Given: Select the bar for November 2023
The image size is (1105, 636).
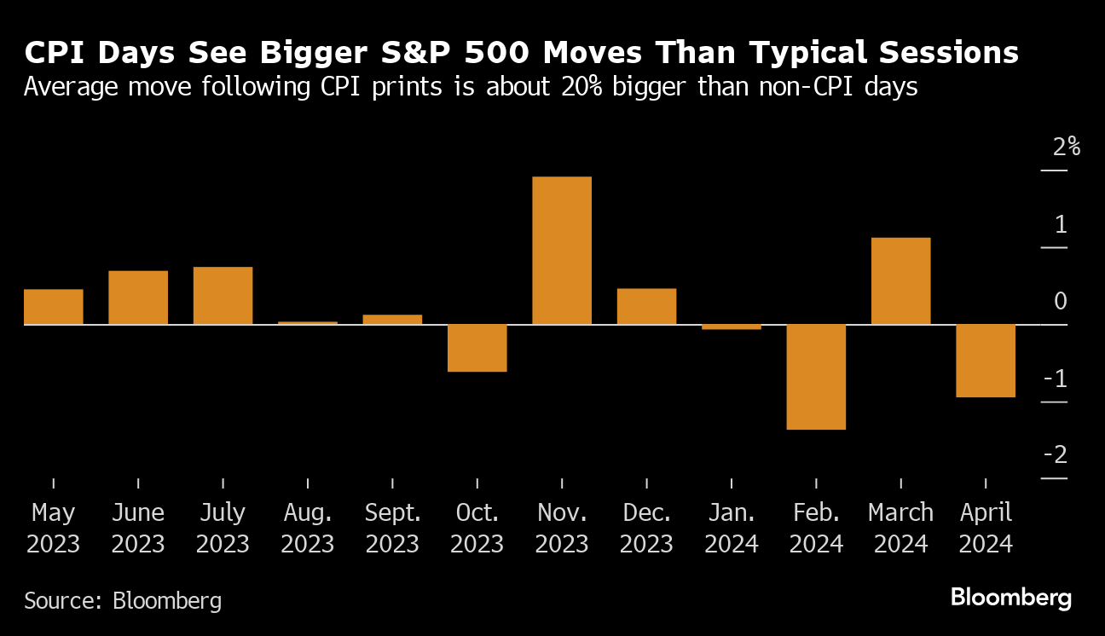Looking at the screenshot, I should [562, 251].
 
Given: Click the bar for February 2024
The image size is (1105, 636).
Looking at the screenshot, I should [816, 376].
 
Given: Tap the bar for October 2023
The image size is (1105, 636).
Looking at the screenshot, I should [477, 348].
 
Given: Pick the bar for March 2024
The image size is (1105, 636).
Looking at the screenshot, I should [900, 281].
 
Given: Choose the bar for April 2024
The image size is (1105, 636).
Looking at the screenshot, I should [986, 361].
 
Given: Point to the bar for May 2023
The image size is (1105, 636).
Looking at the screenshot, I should [53, 307].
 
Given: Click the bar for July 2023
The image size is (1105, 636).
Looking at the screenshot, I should [223, 296].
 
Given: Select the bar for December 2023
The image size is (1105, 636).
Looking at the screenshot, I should [646, 307].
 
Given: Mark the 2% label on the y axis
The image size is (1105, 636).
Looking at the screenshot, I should [1067, 147].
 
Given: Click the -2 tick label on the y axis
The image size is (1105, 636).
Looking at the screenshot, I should [1056, 455].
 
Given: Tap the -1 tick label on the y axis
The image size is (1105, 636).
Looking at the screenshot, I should [1056, 379].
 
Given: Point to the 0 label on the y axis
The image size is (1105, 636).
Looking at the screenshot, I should [1060, 302].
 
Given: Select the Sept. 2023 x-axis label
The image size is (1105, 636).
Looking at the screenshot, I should [392, 529].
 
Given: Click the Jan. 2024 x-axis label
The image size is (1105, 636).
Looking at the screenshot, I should [732, 529].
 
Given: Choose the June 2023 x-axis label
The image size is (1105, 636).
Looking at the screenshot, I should [138, 529].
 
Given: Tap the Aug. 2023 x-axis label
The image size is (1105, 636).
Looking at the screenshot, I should [308, 529].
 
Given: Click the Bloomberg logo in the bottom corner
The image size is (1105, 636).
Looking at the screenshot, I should [1011, 598].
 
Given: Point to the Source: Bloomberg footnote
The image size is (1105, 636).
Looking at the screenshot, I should [123, 600].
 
